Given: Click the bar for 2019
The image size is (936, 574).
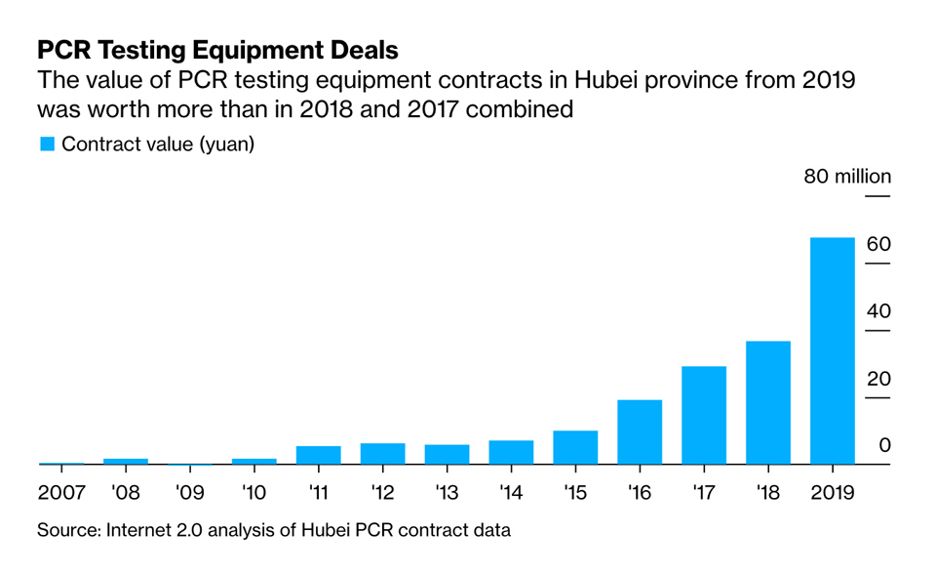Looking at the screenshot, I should tap(832, 351).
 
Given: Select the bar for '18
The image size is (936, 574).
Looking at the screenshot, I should tap(767, 402).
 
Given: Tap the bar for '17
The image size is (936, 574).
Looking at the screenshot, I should tap(703, 415).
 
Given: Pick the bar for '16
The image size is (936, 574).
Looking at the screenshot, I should tap(639, 431).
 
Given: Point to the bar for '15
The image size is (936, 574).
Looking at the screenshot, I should tap(575, 447).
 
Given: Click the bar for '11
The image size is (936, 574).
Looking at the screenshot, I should tap(318, 455).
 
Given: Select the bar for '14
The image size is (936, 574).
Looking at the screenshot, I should tap(511, 452).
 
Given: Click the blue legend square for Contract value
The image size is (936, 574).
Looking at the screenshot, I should tap(47, 144).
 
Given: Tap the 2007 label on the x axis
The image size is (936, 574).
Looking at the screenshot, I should tap(61, 492).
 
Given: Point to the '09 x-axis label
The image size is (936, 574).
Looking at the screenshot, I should tap(189, 492).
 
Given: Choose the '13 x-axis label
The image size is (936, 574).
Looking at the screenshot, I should tap(447, 492).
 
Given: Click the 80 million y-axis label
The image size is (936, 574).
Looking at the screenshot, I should tap(846, 177).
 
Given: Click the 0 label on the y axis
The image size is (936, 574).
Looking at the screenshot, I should tap(884, 445).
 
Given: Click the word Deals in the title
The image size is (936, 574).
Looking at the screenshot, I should tap(362, 49).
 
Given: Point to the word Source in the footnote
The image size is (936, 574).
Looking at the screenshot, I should tap(70, 531).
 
